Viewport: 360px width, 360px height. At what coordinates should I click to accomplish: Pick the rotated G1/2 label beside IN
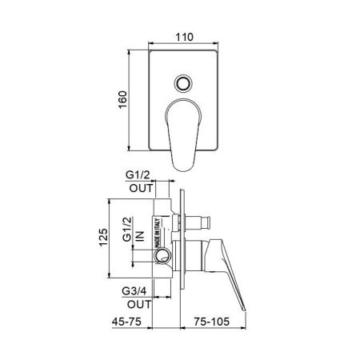point(128,228)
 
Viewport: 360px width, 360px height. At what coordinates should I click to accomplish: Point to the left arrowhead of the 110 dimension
point(151,44)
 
